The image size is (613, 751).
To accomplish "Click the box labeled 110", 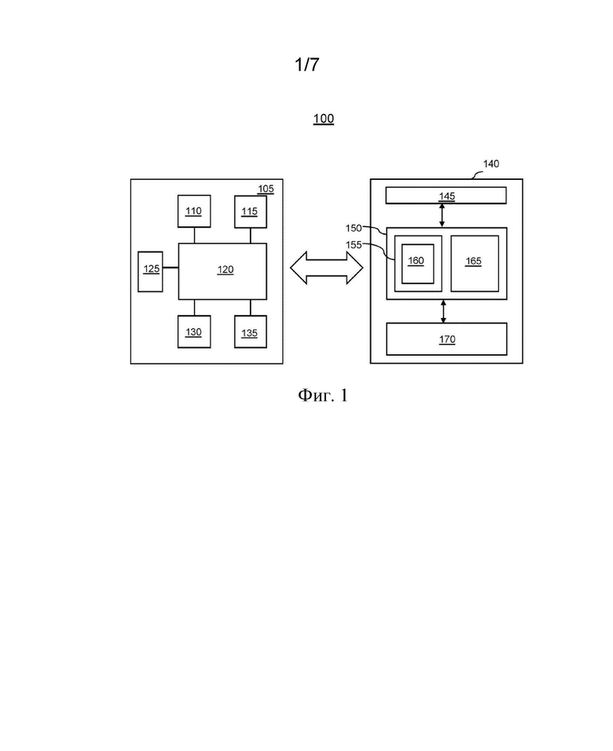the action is [x=194, y=211].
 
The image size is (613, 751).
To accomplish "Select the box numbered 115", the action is [x=250, y=211].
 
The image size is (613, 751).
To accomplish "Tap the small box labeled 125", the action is [x=150, y=272].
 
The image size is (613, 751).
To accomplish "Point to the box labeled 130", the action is [x=194, y=332].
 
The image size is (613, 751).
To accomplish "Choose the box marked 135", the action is [x=250, y=332].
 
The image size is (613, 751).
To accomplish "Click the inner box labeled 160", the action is [x=417, y=264].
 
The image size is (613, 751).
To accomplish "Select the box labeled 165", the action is [x=475, y=263].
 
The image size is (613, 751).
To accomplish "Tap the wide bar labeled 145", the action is [x=446, y=196].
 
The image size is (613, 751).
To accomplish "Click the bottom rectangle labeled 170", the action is [x=446, y=339].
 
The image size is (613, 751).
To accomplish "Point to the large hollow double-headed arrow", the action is [x=326, y=268].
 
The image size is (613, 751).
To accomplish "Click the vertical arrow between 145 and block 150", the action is [x=442, y=215].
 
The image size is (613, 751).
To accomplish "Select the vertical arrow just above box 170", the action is [x=443, y=311].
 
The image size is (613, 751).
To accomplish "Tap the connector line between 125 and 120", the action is [x=171, y=268].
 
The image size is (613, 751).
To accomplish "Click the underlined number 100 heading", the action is [x=324, y=119].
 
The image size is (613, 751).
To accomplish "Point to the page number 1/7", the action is [x=306, y=64].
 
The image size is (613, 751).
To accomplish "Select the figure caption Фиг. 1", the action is [x=322, y=395].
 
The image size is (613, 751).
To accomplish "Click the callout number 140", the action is [x=490, y=164].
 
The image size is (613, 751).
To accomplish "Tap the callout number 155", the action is [x=354, y=245].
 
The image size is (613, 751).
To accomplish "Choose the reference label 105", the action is [x=266, y=189].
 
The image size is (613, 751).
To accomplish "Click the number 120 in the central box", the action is [x=226, y=269].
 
